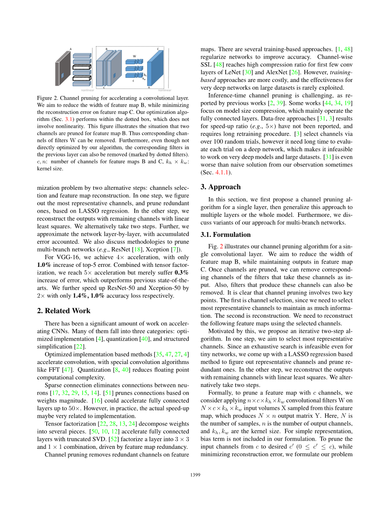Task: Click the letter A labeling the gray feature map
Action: [70, 49]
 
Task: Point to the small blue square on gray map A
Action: [62, 75]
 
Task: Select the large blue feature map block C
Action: [155, 68]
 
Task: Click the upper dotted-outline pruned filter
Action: [82, 67]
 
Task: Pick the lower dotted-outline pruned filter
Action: [82, 78]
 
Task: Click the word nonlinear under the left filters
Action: [87, 90]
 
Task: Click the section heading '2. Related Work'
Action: [63, 311]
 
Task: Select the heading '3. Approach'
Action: [220, 187]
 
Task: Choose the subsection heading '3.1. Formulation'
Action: [225, 235]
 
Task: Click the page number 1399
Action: [195, 475]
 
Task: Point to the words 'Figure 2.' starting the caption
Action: [49, 98]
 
